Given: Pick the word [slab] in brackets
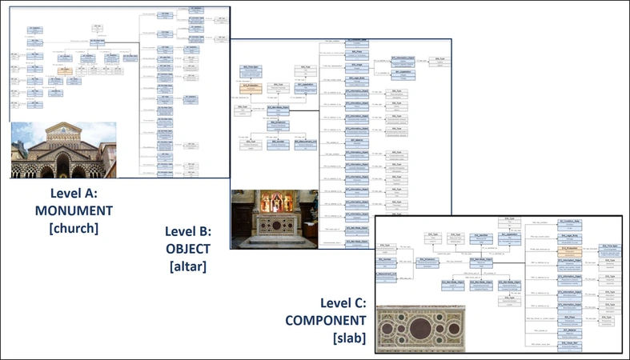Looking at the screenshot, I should [349, 338].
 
